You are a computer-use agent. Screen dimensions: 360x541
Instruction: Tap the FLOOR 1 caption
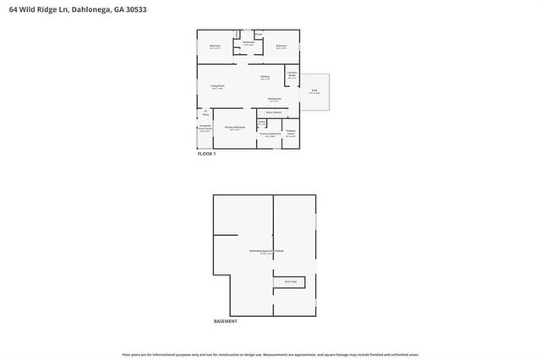coord(207,154)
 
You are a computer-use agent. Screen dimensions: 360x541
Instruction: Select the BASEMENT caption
coord(226,322)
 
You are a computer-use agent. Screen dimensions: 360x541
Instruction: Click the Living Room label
coord(216,87)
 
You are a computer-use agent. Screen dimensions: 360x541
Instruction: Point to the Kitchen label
coord(265,78)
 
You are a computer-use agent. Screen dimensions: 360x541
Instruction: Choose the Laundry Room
coord(292,75)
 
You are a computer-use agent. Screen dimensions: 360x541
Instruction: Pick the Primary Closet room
coord(291,133)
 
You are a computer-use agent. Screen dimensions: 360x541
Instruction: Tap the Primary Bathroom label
coord(270,134)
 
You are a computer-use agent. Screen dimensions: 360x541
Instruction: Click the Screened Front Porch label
coord(205,131)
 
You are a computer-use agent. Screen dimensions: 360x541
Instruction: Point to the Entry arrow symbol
coord(204,110)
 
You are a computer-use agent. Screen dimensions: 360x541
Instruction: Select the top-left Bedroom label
coord(215,46)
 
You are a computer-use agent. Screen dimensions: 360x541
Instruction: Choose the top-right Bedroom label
coord(281,46)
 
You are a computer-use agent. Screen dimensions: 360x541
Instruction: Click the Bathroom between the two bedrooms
coord(249,43)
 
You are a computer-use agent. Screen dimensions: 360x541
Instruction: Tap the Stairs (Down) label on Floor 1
coord(274,112)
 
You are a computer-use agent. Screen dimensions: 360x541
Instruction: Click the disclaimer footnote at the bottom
coord(270,354)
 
